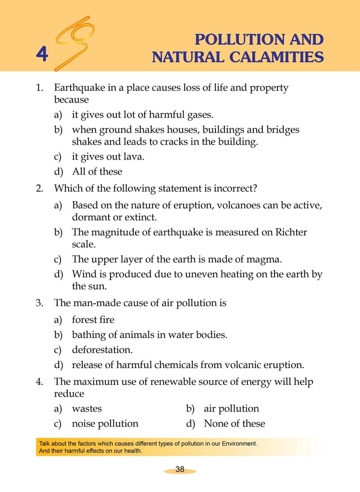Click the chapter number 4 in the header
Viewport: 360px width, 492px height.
(42, 55)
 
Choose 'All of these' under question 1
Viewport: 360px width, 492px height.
(97, 172)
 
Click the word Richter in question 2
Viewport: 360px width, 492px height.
(290, 233)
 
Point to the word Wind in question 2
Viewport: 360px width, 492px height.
(83, 274)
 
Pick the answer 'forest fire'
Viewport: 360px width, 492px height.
(93, 320)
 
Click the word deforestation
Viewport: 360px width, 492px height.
(101, 350)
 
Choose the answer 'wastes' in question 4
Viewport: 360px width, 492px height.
(87, 409)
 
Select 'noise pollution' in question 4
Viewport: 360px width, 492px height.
(105, 424)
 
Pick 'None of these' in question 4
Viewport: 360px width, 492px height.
(234, 424)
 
